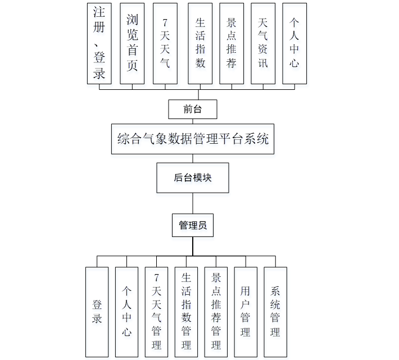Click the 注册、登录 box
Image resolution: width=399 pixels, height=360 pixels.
pos(99,43)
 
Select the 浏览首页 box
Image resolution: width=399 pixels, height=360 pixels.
pos(132,43)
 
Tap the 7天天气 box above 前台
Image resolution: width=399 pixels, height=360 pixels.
pos(165,43)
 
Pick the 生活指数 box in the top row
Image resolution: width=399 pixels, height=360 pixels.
pos(200,43)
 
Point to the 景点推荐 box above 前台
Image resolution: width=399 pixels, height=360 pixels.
pos(232,43)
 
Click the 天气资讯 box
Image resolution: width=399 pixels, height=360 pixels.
pos(263,43)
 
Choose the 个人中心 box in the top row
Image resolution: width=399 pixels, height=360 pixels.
pos(294,43)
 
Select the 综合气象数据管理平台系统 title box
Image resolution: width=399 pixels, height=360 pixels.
pos(193,139)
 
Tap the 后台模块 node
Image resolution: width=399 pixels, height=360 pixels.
pos(193,178)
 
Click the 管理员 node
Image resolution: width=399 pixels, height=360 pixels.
pos(193,225)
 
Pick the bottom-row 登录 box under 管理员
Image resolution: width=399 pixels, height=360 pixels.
pos(97,312)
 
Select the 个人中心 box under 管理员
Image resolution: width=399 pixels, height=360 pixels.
pos(126,312)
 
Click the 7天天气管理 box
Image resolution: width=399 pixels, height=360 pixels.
pos(156,312)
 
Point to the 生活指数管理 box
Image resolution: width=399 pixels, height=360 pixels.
pos(186,312)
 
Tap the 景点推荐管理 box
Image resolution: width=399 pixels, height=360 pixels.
pos(216,312)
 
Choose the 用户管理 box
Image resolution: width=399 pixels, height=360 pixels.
pos(246,312)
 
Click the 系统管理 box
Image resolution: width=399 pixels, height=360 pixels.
pos(275,312)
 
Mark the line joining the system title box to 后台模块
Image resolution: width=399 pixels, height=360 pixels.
pos(193,158)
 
